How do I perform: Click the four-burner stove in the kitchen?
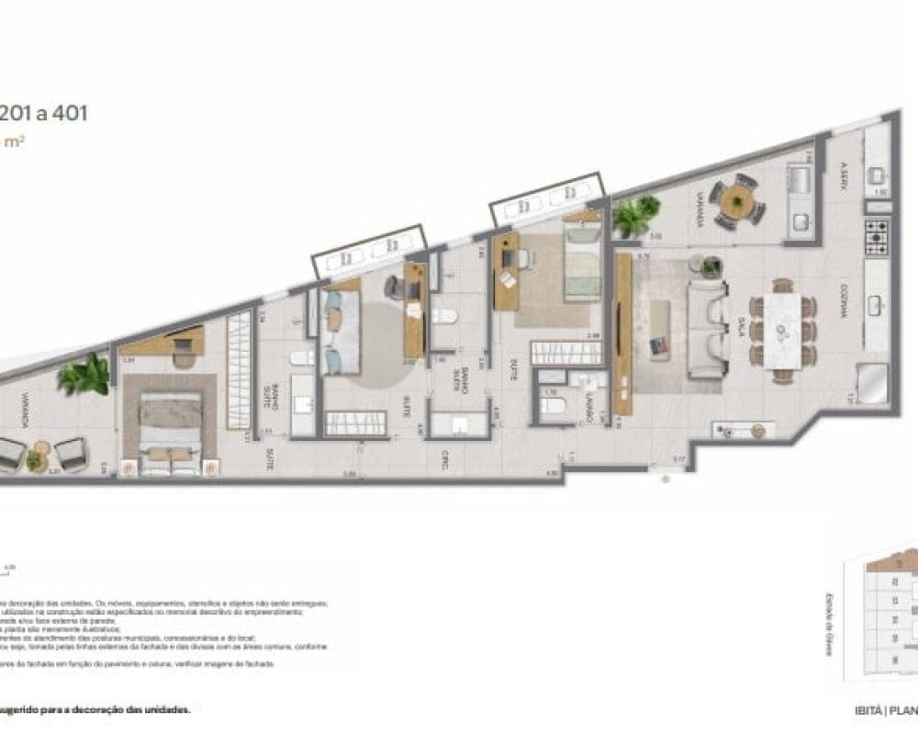(x=877, y=237)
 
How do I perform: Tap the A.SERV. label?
(x=843, y=175)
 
